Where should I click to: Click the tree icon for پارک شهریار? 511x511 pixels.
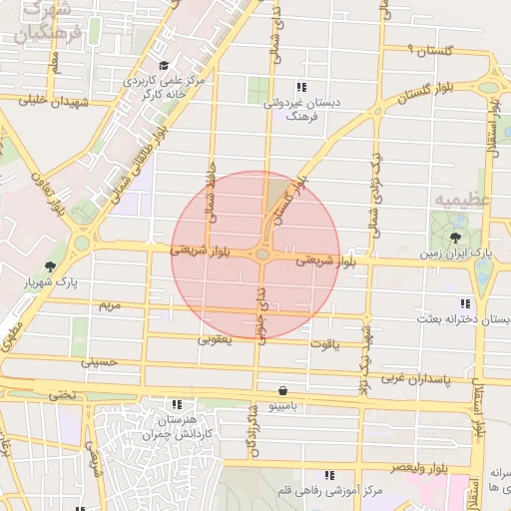tap(50, 265)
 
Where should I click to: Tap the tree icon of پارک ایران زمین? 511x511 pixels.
tap(456, 238)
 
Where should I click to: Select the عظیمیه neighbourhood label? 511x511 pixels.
tap(461, 199)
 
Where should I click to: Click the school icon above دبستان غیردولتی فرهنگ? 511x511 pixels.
tap(301, 86)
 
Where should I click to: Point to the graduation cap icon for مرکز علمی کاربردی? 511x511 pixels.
tap(164, 65)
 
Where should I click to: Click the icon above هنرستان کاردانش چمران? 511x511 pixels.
tap(177, 405)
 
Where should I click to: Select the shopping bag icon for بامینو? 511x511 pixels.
tap(283, 390)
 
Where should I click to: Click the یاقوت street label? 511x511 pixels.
tap(325, 344)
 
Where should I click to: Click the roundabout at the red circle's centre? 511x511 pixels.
tap(261, 256)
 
